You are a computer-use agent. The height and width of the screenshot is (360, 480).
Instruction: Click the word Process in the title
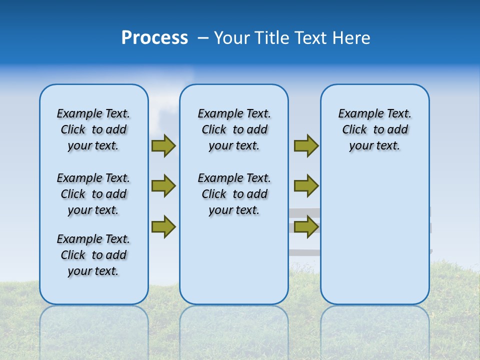pyautogui.click(x=154, y=38)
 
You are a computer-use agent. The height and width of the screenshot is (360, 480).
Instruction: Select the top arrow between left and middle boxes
pyautogui.click(x=163, y=146)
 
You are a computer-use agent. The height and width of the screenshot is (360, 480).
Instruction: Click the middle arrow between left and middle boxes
pyautogui.click(x=163, y=186)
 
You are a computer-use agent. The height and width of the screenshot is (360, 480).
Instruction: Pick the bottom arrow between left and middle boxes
pyautogui.click(x=163, y=226)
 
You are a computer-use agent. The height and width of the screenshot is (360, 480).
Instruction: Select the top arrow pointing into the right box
pyautogui.click(x=306, y=146)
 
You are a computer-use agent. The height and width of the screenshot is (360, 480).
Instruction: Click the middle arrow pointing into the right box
pyautogui.click(x=306, y=186)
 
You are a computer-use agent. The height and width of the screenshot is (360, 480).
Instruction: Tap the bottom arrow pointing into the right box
pyautogui.click(x=306, y=226)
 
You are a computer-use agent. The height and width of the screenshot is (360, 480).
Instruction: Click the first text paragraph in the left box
pyautogui.click(x=93, y=129)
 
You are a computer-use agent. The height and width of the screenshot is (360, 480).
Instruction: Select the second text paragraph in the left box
pyautogui.click(x=93, y=194)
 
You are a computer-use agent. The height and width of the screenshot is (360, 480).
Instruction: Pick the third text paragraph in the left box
pyautogui.click(x=93, y=255)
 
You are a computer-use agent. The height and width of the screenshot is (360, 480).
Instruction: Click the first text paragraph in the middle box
pyautogui.click(x=234, y=129)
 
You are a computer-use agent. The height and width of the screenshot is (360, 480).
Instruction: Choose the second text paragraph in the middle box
pyautogui.click(x=234, y=194)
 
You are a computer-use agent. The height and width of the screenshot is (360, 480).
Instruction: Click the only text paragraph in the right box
pyautogui.click(x=374, y=129)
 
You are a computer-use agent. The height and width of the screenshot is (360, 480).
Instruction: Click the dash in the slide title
pyautogui.click(x=203, y=38)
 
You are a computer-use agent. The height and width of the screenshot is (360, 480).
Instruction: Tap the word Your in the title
pyautogui.click(x=233, y=38)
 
